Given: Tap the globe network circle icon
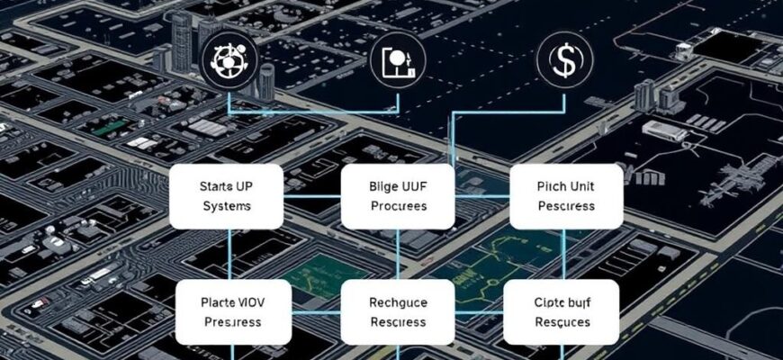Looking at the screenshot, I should click(x=227, y=61).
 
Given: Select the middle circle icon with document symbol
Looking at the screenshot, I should click(x=397, y=62).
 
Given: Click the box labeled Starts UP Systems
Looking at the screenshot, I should click(x=227, y=196).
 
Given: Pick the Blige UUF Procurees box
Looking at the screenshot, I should click(x=397, y=196).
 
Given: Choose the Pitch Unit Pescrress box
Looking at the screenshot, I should click(x=566, y=196).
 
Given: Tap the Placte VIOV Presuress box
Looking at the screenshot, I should click(x=231, y=311).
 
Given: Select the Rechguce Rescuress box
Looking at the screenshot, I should click(x=398, y=311).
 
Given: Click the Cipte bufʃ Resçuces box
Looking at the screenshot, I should click(x=562, y=311).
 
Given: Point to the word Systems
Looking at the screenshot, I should click(x=227, y=206).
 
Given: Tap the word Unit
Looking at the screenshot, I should click(x=581, y=187).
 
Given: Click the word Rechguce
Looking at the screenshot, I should click(x=398, y=302).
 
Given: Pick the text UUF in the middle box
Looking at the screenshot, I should click(x=415, y=187).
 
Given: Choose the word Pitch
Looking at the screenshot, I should click(x=551, y=187).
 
